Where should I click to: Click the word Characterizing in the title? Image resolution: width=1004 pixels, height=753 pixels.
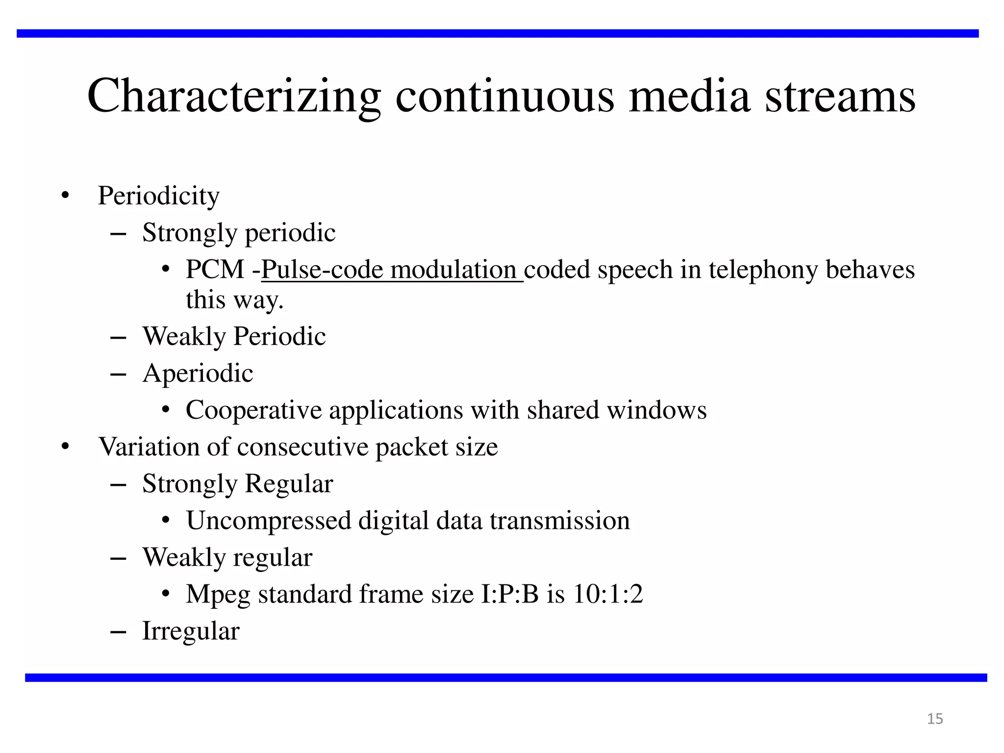point(234,96)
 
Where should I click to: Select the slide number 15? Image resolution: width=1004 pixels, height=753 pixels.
point(935,719)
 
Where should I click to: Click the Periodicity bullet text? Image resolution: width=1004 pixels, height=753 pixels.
point(159,196)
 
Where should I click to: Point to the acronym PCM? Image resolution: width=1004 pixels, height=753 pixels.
point(215,270)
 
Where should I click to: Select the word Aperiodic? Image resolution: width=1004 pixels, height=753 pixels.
point(198,373)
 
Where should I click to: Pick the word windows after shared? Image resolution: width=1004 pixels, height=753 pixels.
point(657,410)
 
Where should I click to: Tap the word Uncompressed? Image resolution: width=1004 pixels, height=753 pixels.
point(269,520)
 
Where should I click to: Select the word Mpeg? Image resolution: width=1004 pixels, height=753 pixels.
point(218,595)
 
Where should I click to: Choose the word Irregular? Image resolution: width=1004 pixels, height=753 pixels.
point(191,631)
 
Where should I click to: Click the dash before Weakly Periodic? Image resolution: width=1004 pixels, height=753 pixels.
point(119,338)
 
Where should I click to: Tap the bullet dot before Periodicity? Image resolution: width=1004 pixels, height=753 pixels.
point(65,196)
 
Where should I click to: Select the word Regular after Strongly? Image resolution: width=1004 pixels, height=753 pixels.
point(289,484)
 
